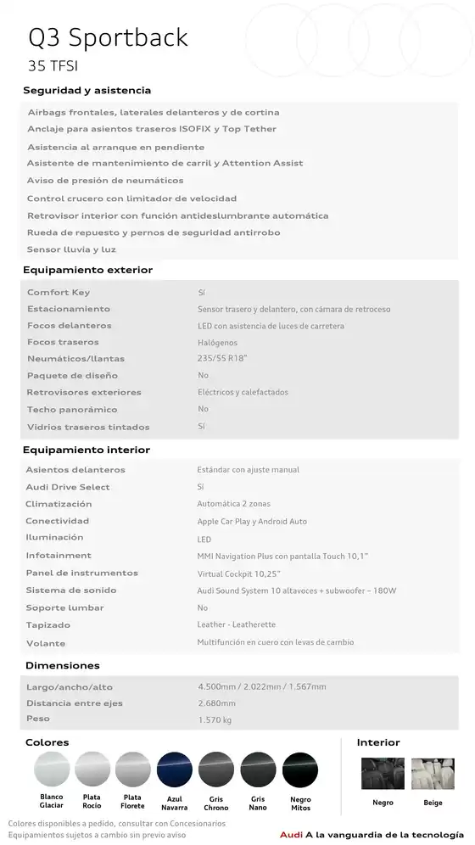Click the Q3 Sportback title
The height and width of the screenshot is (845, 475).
[109, 38]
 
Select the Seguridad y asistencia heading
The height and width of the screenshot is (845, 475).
[87, 91]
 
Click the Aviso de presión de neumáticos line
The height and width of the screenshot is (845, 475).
[104, 181]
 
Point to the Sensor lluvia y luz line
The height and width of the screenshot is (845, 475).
[71, 249]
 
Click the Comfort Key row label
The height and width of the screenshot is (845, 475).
[58, 293]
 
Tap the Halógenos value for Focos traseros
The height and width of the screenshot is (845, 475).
[217, 343]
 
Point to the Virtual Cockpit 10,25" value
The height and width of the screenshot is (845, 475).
[237, 574]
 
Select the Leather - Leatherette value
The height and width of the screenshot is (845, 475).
[237, 625]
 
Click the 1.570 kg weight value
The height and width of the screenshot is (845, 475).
[214, 720]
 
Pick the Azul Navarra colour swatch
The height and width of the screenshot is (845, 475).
[174, 770]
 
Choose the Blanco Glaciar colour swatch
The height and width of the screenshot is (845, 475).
[51, 770]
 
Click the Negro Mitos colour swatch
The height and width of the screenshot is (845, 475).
[299, 770]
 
